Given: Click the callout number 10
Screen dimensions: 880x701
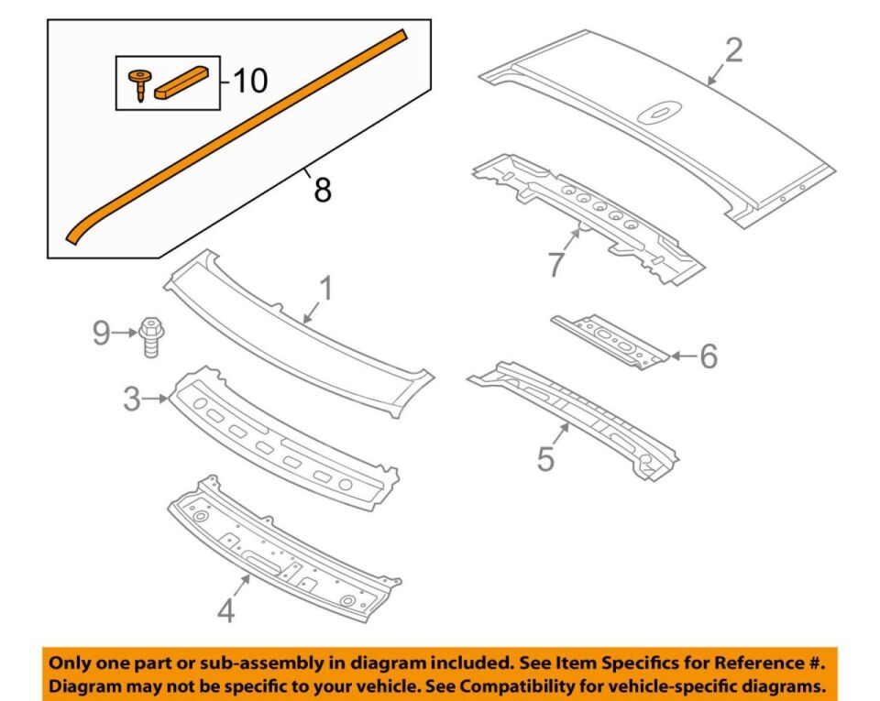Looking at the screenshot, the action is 249,81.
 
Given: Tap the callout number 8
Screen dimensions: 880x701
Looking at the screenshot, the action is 323,190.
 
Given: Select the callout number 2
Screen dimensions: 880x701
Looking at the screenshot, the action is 733,49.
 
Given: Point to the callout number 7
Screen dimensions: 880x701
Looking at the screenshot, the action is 555,265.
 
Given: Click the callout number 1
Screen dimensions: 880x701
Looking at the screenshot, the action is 326,289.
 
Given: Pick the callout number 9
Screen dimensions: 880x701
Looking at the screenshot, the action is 102,334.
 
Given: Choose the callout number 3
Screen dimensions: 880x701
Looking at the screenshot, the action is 132,399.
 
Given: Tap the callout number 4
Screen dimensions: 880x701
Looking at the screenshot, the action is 225,610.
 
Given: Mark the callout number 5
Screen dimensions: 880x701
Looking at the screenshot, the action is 545,458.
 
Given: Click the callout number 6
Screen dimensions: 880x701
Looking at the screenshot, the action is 709,356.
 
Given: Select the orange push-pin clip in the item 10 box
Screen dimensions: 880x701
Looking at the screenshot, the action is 137,84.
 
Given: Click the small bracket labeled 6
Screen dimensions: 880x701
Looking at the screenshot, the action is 610,341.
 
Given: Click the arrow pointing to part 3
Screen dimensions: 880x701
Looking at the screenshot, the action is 156,399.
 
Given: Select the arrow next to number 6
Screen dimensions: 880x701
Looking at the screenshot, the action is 684,356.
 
